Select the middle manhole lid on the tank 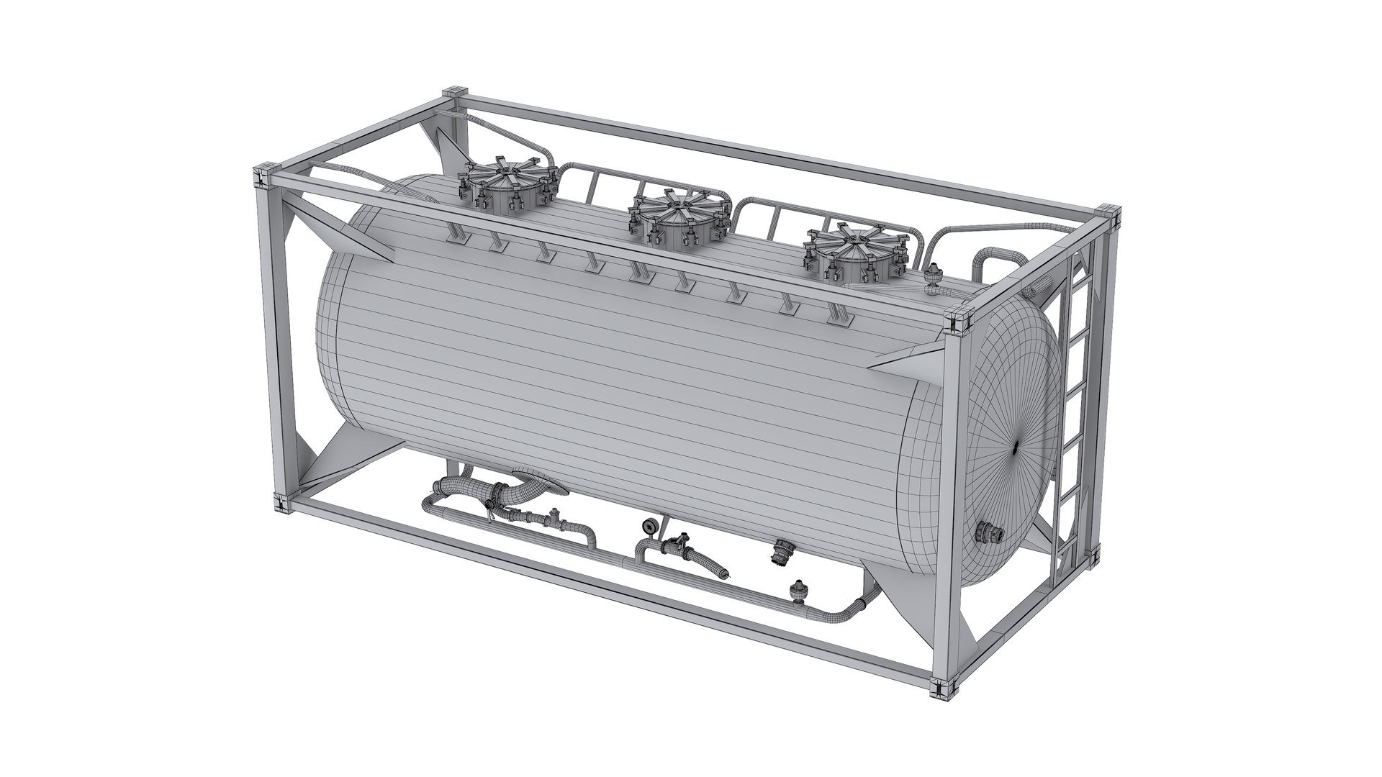679,212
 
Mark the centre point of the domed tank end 1015,447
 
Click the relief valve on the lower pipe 797,590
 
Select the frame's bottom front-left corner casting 282,501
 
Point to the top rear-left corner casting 455,95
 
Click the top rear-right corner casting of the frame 1108,214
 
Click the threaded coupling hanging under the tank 780,555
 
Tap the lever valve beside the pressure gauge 678,543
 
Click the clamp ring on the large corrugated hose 495,494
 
